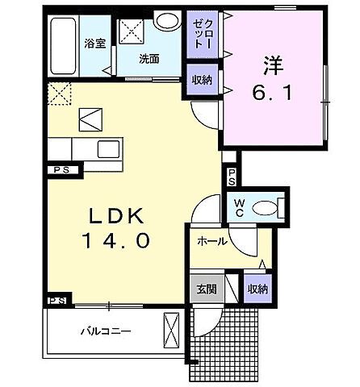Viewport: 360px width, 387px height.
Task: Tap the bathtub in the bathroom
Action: click(x=62, y=44)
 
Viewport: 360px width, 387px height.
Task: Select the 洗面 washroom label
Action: click(x=148, y=59)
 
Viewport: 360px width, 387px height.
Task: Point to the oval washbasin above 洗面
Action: click(x=167, y=21)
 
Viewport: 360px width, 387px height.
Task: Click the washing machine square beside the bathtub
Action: click(x=130, y=31)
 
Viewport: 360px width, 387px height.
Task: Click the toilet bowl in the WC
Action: click(x=266, y=208)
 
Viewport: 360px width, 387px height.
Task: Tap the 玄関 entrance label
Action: click(x=204, y=287)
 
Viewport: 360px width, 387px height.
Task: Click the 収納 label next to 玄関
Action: click(x=257, y=287)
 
